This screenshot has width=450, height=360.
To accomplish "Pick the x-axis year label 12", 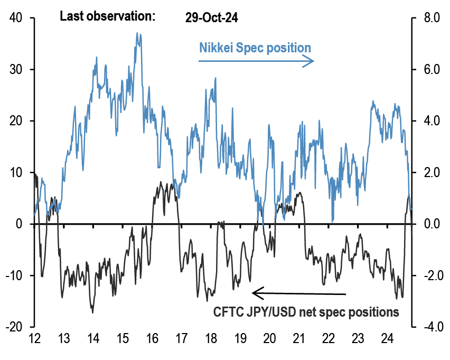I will point(35,338).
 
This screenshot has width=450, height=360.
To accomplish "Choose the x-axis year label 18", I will point(211,338).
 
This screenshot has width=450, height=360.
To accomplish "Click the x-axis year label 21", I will point(299,338).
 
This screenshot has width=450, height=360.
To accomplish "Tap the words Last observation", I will point(107,16).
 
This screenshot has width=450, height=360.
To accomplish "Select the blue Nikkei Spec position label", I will point(255,48).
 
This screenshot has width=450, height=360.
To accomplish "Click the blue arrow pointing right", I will point(256,61).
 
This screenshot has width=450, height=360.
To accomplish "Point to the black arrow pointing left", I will point(298,292).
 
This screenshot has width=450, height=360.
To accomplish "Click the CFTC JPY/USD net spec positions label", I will point(306,312).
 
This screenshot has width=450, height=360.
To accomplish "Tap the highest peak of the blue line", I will point(137,33).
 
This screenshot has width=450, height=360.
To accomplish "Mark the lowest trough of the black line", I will point(93,312).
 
